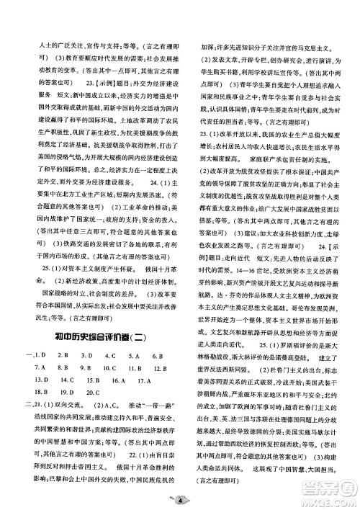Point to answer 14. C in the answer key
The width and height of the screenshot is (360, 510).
tap(67, 380)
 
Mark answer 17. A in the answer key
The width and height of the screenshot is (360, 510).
tap(142, 380)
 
